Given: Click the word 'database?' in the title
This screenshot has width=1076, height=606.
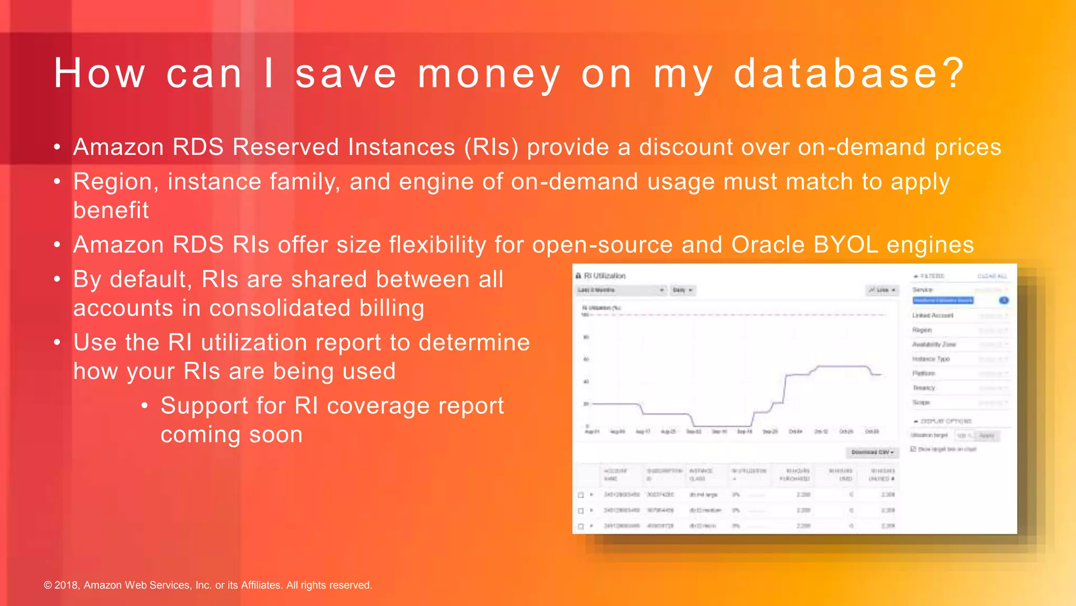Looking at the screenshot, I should (848, 74).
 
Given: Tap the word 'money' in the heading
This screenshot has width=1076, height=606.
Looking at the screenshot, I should (489, 74).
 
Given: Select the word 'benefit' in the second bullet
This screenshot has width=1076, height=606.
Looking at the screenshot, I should (111, 210).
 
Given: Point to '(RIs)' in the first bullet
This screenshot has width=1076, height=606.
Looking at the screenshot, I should (491, 147).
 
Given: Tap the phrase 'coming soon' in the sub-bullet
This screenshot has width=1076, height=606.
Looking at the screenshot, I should (231, 435).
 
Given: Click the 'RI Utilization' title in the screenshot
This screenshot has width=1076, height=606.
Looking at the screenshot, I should (604, 276).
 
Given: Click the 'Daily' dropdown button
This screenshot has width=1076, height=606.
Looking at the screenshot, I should (682, 290).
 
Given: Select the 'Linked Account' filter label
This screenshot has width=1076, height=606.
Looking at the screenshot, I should (933, 316).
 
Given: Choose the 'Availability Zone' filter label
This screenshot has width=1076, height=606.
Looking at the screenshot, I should (934, 345).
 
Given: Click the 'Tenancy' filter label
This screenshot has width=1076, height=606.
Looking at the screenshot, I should (924, 388).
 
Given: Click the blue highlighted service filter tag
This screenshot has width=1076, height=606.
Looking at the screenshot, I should (943, 300).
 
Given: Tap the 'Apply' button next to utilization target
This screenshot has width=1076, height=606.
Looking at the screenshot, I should (987, 436).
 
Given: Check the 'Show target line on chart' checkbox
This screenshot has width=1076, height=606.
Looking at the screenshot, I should (913, 449).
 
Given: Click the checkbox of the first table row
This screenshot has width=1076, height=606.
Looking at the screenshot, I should (581, 495).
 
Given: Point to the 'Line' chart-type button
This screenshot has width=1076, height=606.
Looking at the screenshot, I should (882, 290).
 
